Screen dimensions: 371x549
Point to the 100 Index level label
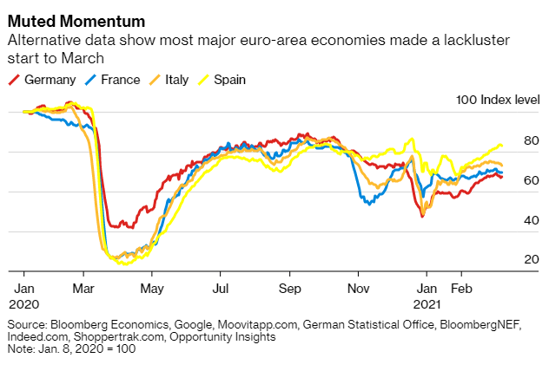click(498, 101)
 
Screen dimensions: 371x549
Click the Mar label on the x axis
click(83, 287)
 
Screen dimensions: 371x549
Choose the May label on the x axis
click(152, 287)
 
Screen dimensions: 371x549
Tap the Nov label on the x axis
click(358, 287)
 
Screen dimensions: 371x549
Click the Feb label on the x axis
click(461, 287)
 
